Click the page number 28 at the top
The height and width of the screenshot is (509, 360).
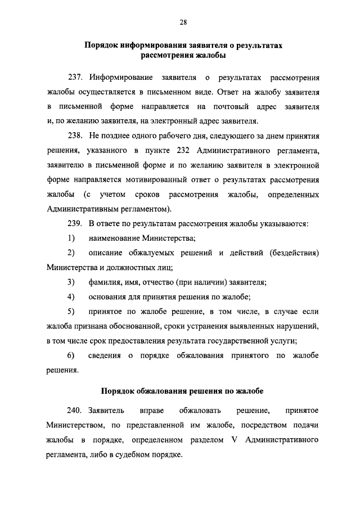click(x=183, y=22)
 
